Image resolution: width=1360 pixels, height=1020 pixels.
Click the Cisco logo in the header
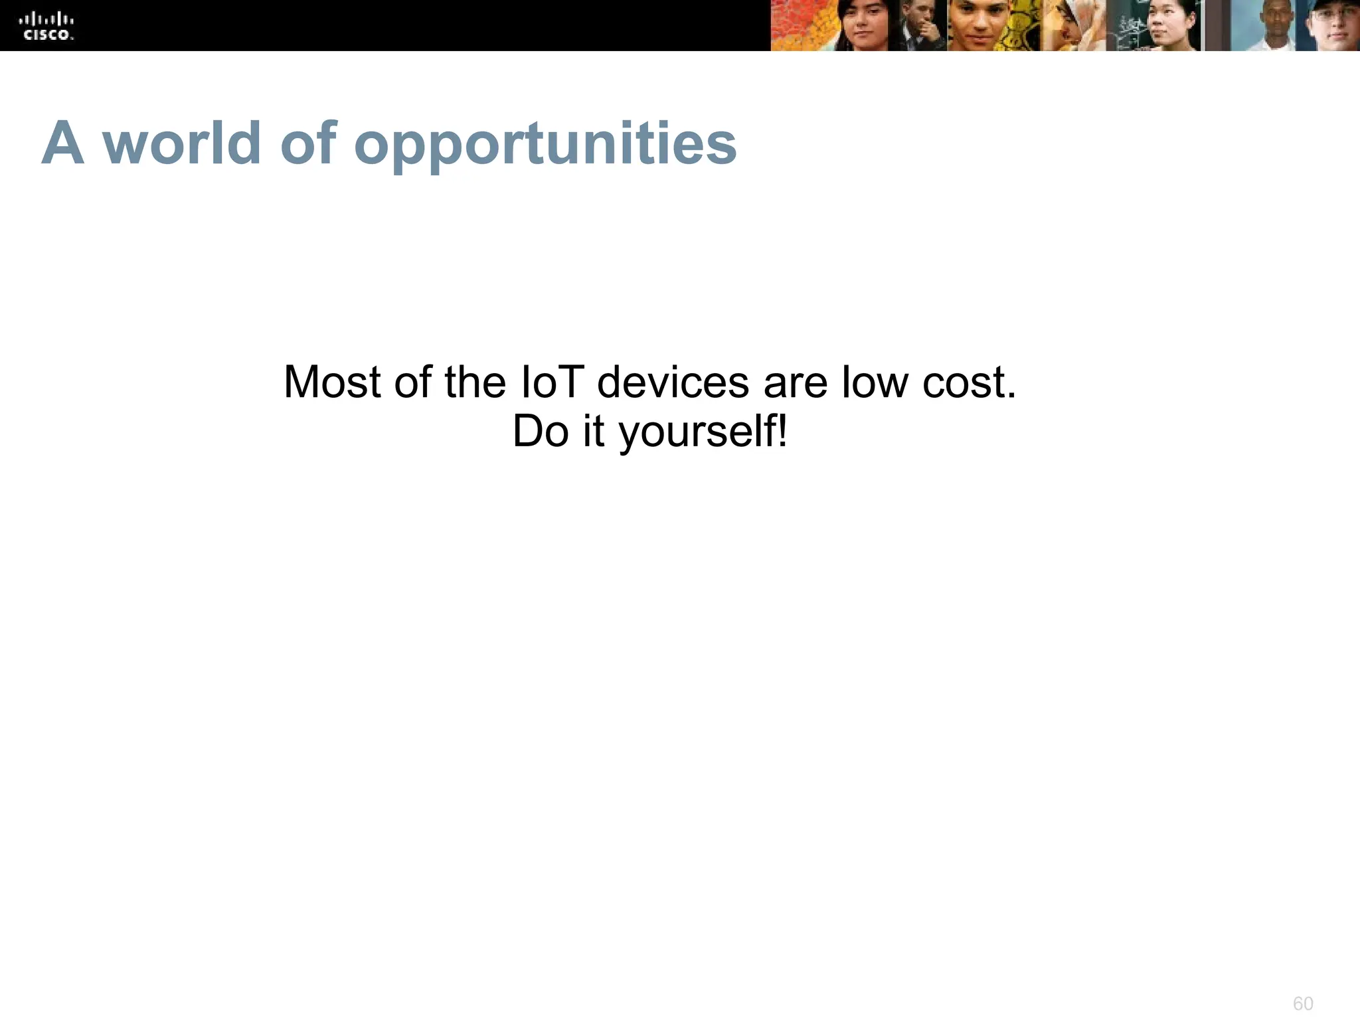click(x=46, y=25)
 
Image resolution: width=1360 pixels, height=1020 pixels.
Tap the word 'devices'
click(x=673, y=382)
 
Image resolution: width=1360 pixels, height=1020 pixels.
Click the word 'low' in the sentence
click(x=874, y=382)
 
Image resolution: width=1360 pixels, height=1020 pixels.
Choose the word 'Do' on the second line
click(x=541, y=432)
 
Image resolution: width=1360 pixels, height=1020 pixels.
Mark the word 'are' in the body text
click(x=795, y=384)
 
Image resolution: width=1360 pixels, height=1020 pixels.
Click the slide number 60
click(x=1303, y=1003)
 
